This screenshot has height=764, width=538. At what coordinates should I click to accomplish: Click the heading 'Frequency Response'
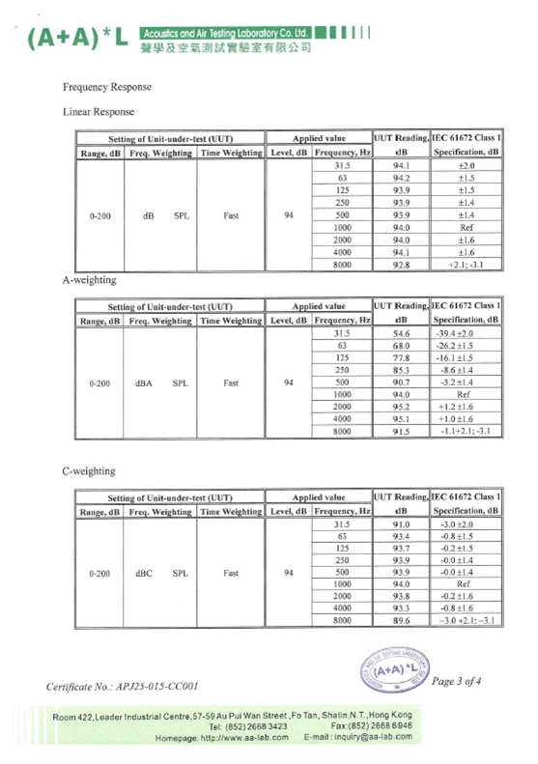coord(106,87)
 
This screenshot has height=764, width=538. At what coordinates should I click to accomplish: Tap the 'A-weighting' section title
coord(89,280)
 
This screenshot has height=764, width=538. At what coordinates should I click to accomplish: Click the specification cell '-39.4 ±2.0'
coord(467,333)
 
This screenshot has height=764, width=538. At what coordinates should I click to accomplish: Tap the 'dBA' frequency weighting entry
coord(145,382)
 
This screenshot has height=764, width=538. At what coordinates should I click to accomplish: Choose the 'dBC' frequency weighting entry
coord(145,574)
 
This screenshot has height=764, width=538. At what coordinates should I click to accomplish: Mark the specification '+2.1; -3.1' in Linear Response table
coord(467,265)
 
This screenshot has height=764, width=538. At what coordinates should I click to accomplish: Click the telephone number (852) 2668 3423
coord(249,726)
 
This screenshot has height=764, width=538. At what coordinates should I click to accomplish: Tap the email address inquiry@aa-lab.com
coord(356,737)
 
